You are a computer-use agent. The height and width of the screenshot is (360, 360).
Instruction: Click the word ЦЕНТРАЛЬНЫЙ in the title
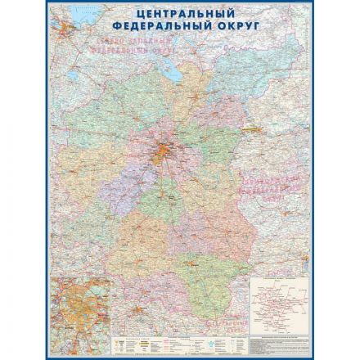pos(179,14)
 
